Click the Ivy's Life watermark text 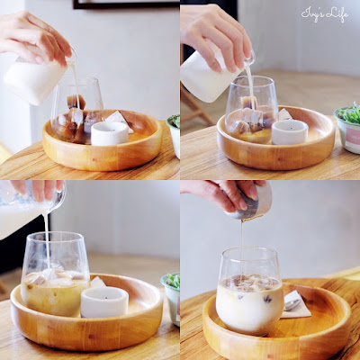[x=325, y=14]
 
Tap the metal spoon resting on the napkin [x=292, y=305]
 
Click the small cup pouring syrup [x=249, y=201]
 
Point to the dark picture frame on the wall [x=126, y=4]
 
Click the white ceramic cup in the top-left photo [x=110, y=133]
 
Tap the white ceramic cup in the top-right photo [x=290, y=132]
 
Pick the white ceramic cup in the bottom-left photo [x=104, y=301]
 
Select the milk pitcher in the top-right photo [x=213, y=76]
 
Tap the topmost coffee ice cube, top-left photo [x=76, y=102]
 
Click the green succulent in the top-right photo [x=349, y=113]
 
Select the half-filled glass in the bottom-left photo [x=55, y=274]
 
